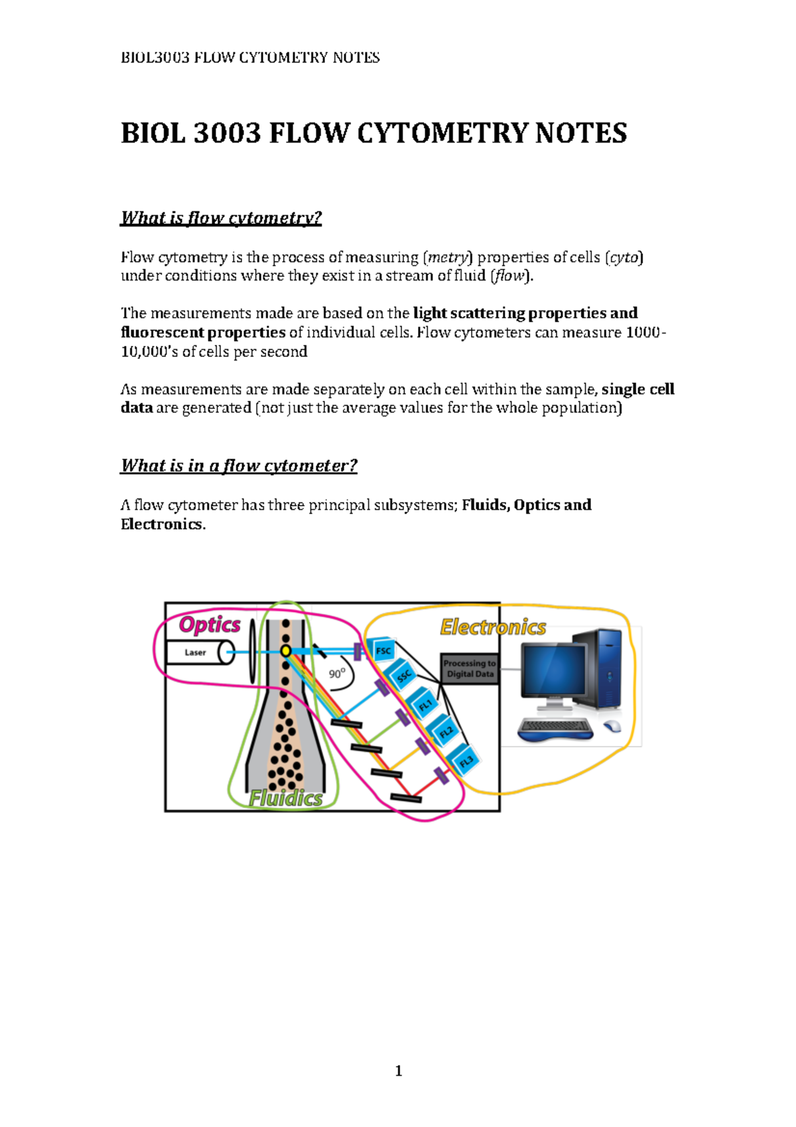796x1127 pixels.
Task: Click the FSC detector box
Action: (x=383, y=650)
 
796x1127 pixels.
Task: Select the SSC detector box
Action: (x=403, y=676)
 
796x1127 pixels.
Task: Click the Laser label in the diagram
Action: (x=195, y=652)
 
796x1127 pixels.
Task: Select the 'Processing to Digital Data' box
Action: (x=470, y=668)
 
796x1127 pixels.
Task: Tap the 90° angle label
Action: (x=337, y=674)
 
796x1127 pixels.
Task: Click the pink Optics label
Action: (x=210, y=625)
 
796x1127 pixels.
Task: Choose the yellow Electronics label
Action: (x=493, y=627)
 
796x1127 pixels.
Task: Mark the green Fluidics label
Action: (x=285, y=798)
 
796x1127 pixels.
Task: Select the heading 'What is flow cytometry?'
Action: (x=221, y=218)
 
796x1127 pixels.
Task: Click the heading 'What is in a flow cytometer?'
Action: (x=239, y=465)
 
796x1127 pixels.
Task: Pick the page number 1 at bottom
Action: (x=398, y=1071)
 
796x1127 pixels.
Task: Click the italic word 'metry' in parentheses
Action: (x=448, y=257)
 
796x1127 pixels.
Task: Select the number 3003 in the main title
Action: (x=227, y=133)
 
